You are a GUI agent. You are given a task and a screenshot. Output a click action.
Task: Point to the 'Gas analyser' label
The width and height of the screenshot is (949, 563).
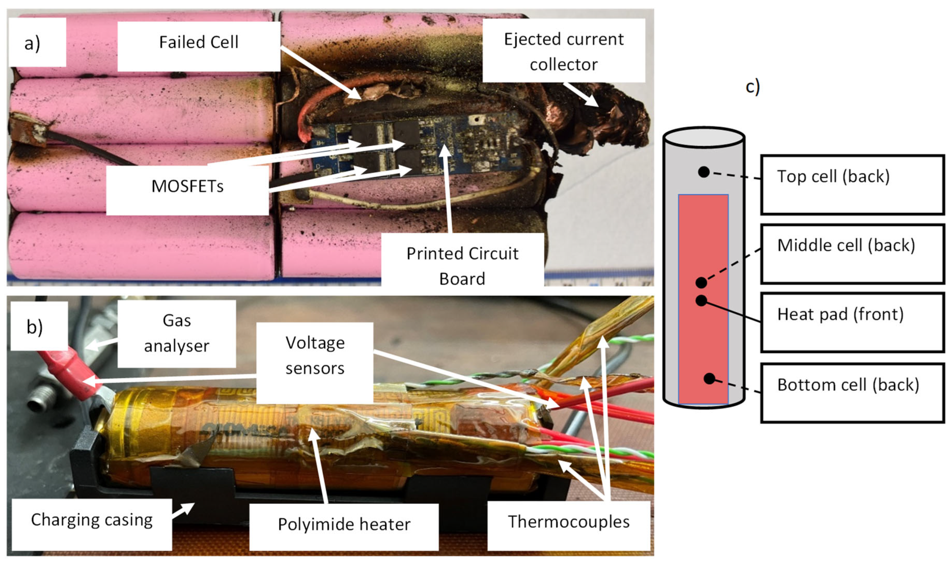(x=176, y=333)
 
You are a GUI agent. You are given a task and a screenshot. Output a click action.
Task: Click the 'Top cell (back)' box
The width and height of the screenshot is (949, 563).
(x=852, y=185)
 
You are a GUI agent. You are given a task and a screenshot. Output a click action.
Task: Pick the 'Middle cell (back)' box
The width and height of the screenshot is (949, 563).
(x=852, y=253)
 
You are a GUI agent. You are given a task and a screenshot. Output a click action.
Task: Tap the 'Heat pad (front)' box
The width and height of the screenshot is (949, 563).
(x=852, y=322)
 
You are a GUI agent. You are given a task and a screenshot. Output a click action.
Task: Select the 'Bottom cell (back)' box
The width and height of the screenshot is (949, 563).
(x=852, y=393)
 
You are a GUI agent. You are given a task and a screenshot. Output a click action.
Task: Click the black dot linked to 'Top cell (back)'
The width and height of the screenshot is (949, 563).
(x=703, y=172)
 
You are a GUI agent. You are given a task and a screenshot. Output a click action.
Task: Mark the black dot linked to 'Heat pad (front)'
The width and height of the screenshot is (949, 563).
(x=701, y=300)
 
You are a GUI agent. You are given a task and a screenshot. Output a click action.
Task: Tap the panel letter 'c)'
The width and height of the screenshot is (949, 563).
(x=752, y=87)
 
